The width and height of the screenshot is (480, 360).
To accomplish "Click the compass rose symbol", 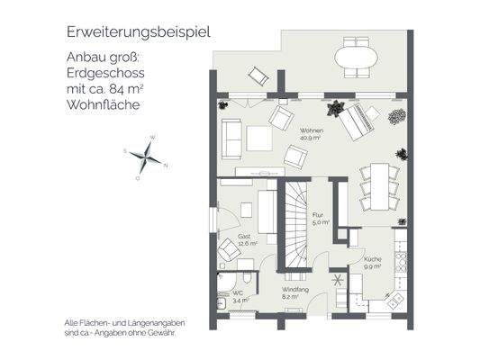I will (x=146, y=157).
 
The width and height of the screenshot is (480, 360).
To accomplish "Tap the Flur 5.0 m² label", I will (x=319, y=218).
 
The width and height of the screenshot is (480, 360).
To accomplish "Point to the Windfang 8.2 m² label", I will (x=290, y=292).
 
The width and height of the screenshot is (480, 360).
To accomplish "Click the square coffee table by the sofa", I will (x=261, y=138).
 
